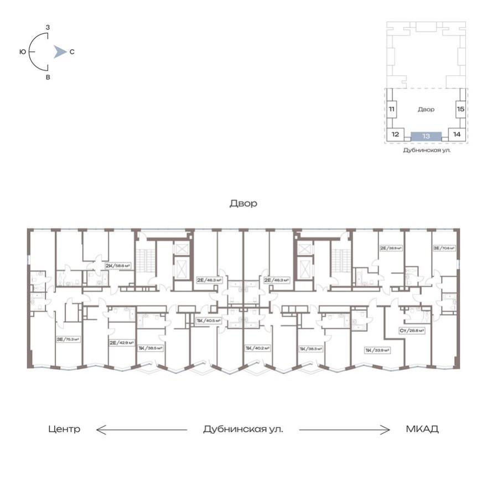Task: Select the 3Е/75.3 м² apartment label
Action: pos(67,339)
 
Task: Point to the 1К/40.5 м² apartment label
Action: pos(209,320)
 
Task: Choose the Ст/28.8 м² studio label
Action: pos(412,330)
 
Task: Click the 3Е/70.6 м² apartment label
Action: pos(444,248)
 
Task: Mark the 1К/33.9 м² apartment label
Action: pos(377,350)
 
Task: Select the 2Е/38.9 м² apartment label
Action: pos(390,248)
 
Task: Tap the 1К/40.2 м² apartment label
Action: pos(257,348)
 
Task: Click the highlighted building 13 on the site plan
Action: pos(426,136)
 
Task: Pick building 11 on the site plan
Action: pos(391,110)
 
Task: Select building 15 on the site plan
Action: pos(460,110)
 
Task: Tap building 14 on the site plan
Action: pos(457,134)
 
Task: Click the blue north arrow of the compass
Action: pos(59,52)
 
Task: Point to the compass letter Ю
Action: pos(22,52)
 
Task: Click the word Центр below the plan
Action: pos(64,429)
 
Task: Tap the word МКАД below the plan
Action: pos(422,429)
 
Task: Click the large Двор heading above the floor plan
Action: pos(244,204)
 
